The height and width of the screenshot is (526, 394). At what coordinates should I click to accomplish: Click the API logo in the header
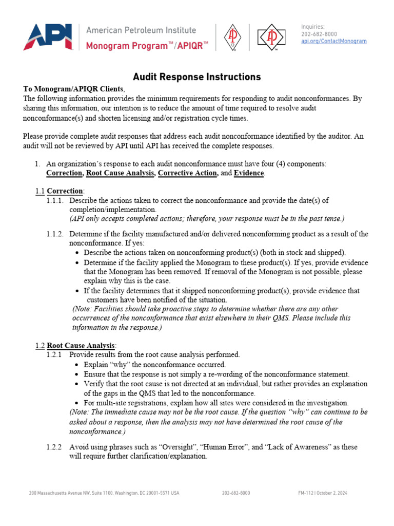pos(48,37)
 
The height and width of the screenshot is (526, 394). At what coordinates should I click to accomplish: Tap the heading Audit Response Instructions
pos(197,77)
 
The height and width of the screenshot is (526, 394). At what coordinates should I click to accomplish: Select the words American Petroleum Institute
pos(141,30)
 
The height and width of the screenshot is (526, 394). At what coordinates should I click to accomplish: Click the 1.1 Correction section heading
pos(60,191)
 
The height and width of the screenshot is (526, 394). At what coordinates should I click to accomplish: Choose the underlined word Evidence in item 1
pos(249,173)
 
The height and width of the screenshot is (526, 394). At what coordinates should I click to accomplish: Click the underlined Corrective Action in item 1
pos(187,173)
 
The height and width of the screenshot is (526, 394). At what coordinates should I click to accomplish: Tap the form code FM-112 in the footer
pos(306,493)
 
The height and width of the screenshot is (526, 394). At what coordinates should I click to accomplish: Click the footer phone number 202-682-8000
pos(236,493)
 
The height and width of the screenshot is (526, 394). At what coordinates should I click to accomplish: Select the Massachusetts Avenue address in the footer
pos(104,493)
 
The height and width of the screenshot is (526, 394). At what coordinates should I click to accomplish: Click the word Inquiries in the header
pos(312,27)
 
